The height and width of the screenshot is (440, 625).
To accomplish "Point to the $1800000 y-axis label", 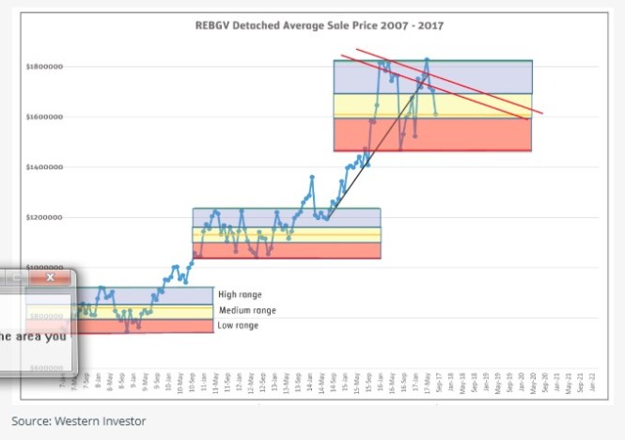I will tap(45, 67).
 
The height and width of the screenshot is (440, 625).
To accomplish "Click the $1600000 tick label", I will tap(45, 118).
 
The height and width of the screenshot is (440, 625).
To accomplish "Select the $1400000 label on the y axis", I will tap(45, 167).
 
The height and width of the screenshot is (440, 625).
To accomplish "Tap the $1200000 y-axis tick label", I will tap(45, 217).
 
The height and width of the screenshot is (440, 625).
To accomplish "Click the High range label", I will tap(240, 294).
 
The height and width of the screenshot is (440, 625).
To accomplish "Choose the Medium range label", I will tap(247, 310).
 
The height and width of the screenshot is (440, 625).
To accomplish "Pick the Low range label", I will tap(239, 325).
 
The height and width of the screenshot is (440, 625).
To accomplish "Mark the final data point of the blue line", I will tap(435, 114).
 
